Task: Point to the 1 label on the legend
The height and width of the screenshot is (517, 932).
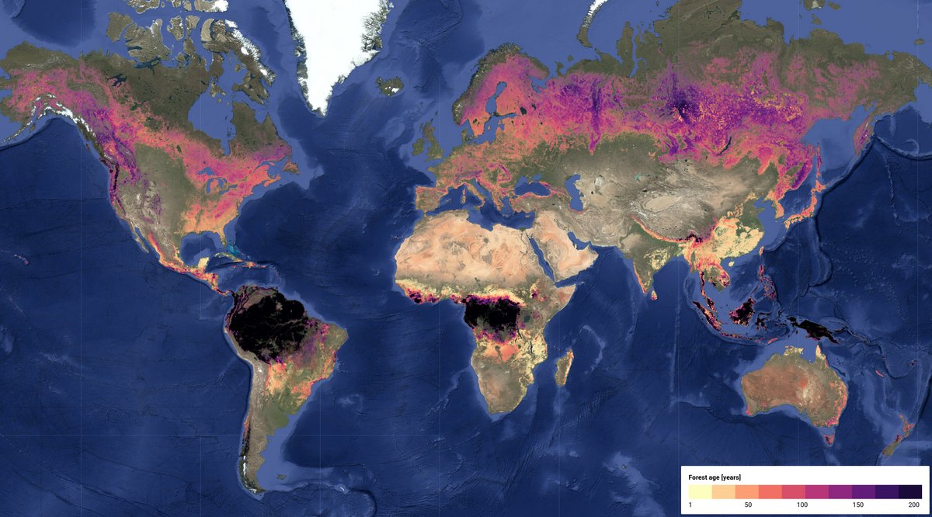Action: pos(690,505)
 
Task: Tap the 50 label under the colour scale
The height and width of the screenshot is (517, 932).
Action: pos(747,505)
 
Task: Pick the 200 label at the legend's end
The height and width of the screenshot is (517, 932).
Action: pos(914,505)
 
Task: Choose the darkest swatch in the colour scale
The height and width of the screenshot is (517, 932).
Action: pos(910,491)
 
